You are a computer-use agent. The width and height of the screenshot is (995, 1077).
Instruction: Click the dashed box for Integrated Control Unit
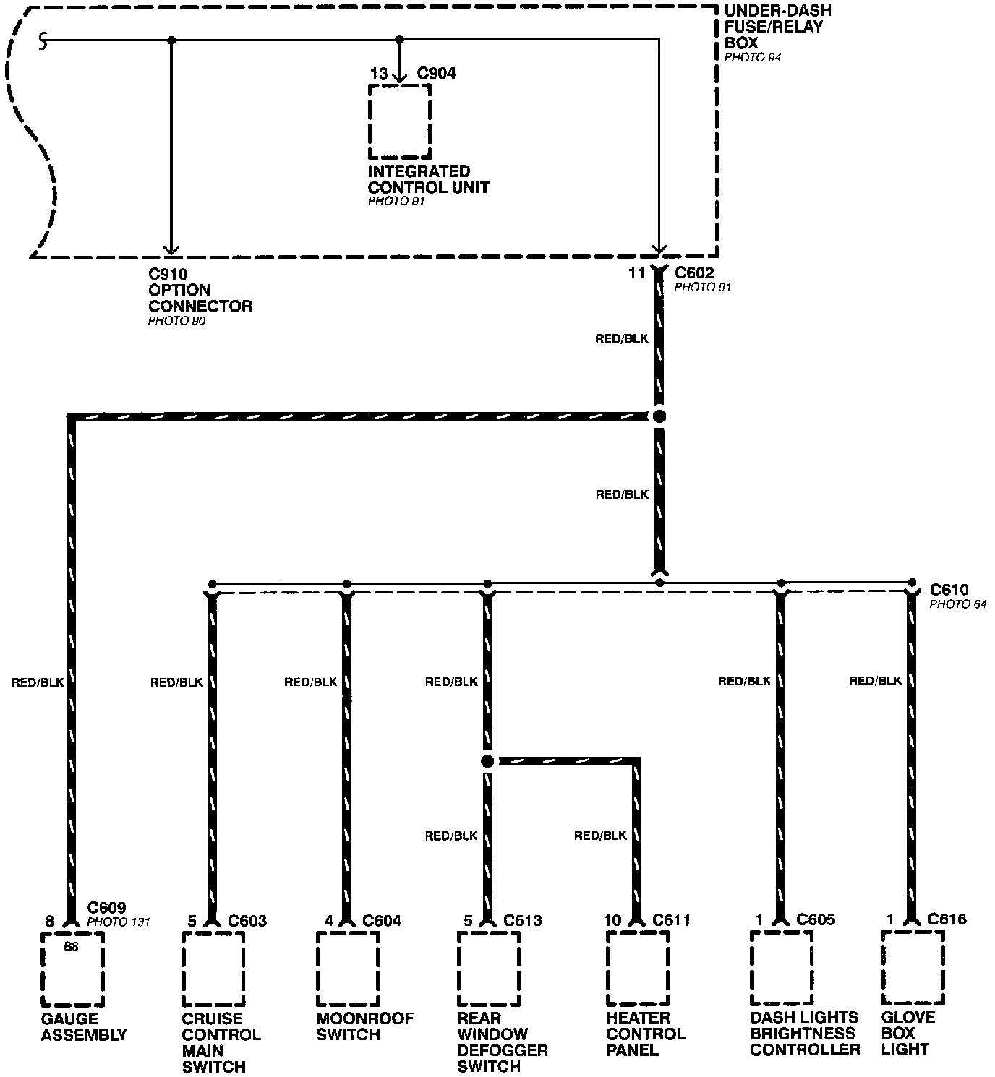(400, 121)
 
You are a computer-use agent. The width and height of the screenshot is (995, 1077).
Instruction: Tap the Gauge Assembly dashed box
(72, 969)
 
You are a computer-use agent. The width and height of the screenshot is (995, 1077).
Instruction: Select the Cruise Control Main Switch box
(213, 969)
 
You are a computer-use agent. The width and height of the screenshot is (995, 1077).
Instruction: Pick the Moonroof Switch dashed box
(348, 969)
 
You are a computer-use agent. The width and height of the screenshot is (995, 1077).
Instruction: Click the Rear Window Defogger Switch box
(489, 969)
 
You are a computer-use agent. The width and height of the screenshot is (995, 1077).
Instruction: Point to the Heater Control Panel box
(637, 969)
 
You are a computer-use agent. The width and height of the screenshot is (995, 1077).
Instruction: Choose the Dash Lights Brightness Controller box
(781, 967)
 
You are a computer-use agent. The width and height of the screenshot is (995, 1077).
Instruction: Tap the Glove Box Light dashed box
(913, 967)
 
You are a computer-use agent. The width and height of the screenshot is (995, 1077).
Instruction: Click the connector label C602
(694, 273)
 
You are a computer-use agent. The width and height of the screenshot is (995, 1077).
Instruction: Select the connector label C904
(437, 74)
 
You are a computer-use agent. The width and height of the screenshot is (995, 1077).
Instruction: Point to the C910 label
(168, 274)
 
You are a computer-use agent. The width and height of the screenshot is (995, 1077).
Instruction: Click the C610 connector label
(949, 590)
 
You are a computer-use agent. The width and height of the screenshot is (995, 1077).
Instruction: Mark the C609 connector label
(107, 908)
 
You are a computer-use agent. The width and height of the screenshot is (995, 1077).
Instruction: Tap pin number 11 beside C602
(636, 273)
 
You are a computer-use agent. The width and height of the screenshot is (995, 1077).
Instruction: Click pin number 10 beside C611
(612, 920)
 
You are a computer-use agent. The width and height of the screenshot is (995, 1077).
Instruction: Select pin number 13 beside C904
(379, 74)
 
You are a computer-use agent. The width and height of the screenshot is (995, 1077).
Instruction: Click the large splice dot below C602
(659, 416)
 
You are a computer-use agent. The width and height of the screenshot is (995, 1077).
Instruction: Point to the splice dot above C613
(487, 761)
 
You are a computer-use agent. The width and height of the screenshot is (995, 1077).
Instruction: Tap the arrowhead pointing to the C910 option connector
(171, 249)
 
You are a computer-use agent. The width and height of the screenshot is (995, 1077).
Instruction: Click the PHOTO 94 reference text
(753, 57)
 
